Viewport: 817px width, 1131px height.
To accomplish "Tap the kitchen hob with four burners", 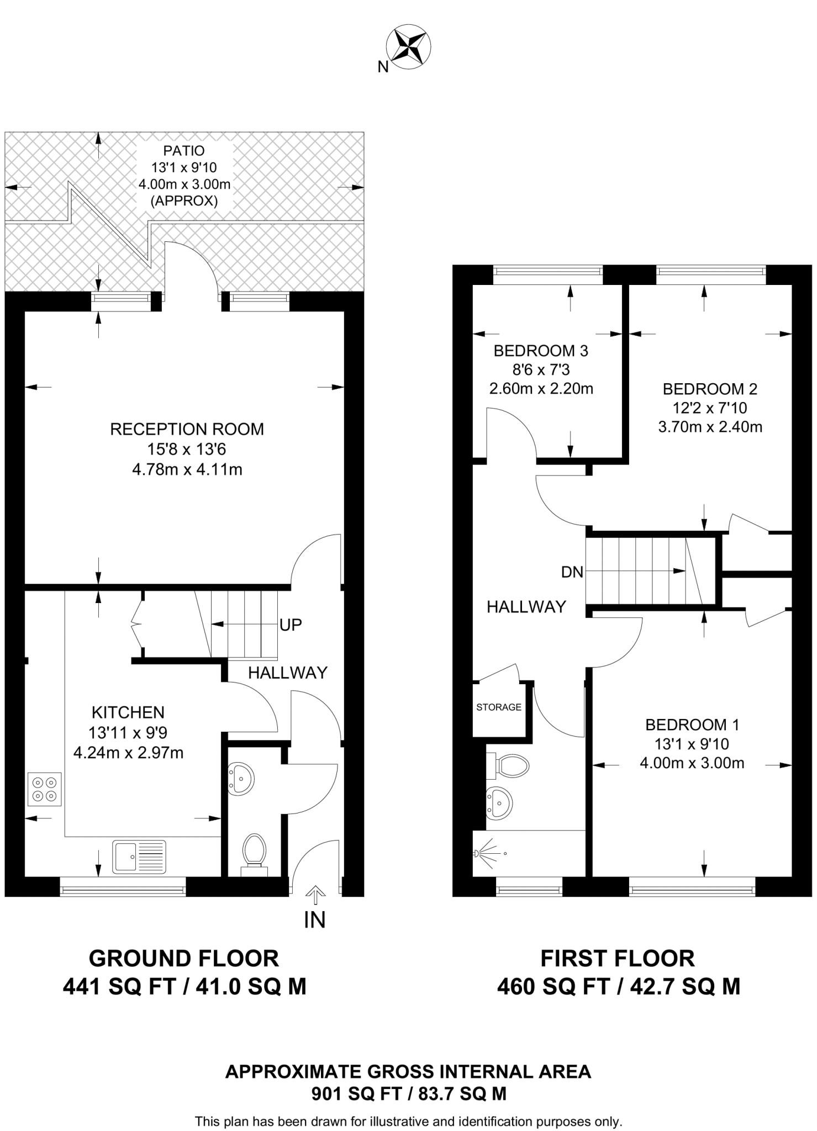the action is (44, 789).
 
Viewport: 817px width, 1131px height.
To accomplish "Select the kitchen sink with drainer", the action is (139, 857).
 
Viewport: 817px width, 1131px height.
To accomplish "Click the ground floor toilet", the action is (255, 854).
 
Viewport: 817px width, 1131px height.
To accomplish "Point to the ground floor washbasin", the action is (241, 779).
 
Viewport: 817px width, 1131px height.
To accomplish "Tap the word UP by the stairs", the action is (291, 625).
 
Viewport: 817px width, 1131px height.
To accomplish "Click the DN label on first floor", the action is (572, 572).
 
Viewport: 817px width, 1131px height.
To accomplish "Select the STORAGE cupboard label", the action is (499, 707).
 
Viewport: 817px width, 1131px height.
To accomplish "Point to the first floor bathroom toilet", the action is (508, 765).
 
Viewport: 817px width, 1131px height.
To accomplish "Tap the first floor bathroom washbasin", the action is (500, 802).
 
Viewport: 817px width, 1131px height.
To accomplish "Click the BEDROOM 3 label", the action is (541, 351).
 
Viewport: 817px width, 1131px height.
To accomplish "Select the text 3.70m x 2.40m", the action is (710, 427).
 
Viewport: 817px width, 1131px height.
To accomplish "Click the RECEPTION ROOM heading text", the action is (187, 429).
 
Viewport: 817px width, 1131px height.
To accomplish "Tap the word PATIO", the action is (184, 151).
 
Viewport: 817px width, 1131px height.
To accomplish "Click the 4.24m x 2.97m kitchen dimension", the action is (128, 752).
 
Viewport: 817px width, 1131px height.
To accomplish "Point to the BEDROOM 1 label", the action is (692, 725).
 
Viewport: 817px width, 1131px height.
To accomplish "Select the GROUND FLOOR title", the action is (184, 958).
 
